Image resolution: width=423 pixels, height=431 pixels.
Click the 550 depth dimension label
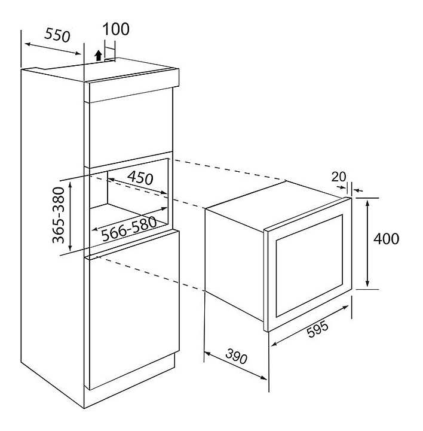coord(57,35)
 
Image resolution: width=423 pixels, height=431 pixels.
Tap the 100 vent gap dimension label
coord(116,29)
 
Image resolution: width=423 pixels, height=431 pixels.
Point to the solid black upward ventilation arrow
coord(98,55)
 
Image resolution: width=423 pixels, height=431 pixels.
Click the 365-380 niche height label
coord(59,215)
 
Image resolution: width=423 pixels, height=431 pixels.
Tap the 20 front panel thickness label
coord(339,177)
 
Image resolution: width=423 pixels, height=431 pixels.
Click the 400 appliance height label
coord(386,238)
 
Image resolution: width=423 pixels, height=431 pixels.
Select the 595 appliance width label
coord(317,329)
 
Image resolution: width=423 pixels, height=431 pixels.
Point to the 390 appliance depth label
coord(236,357)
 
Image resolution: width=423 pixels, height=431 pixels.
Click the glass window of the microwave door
coord(309,266)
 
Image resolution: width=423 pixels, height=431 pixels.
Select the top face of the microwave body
coord(277,204)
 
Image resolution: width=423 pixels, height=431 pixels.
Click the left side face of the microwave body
coord(235,264)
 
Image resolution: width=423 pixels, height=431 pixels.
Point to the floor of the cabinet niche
coord(129,215)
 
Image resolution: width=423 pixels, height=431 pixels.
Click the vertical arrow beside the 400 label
coord(367,243)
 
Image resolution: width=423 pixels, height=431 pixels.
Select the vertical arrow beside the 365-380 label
coord(70,216)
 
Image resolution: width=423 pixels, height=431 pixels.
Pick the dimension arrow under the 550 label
coord(53,48)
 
